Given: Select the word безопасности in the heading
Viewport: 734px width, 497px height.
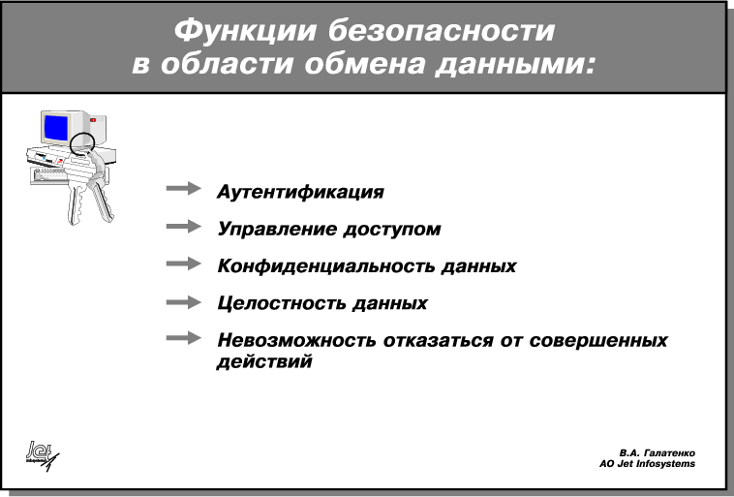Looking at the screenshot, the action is (442, 30).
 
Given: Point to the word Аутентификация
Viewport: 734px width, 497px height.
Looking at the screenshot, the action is (300, 192).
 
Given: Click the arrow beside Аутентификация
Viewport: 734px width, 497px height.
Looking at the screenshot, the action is (184, 188).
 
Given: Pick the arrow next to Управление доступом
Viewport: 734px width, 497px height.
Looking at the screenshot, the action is (184, 227).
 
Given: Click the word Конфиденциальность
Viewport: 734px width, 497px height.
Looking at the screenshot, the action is (325, 266).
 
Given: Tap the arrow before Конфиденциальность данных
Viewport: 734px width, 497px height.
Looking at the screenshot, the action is (184, 264).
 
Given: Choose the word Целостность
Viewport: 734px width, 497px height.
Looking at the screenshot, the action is (281, 303).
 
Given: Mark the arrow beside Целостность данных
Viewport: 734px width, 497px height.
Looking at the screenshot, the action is (184, 302).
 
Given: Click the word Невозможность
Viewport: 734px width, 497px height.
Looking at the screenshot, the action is (296, 341).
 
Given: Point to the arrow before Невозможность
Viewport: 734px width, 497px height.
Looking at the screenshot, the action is (184, 337).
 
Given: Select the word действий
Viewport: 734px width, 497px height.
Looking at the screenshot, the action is (264, 362).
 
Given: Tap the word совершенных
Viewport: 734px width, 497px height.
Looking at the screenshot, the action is (598, 341).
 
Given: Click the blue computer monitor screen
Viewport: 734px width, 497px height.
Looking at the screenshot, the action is (56, 128).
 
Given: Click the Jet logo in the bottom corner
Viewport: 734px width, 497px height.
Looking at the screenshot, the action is (43, 454).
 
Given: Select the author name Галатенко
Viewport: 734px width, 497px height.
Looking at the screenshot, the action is (669, 453).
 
